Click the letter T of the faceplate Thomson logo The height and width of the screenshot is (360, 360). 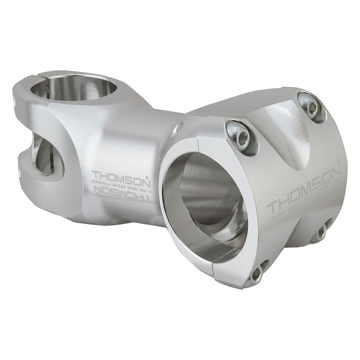point(272,206)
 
